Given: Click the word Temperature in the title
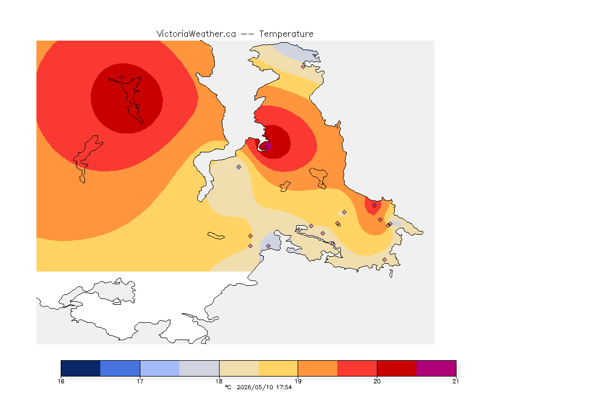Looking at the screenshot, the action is pyautogui.click(x=286, y=34).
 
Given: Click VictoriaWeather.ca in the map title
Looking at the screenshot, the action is pyautogui.click(x=196, y=34).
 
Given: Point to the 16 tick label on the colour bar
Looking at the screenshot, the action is pyautogui.click(x=61, y=381).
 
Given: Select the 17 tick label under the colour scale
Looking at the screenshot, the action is pyautogui.click(x=140, y=381).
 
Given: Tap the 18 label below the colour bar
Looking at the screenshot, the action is pyautogui.click(x=219, y=381).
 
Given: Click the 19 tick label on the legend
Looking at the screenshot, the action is pyautogui.click(x=298, y=381).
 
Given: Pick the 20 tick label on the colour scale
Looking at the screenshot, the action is pyautogui.click(x=377, y=381).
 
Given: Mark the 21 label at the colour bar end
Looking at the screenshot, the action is pyautogui.click(x=455, y=381).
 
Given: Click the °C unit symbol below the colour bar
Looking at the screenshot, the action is pyautogui.click(x=228, y=387).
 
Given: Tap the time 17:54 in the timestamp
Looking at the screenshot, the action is pyautogui.click(x=284, y=387).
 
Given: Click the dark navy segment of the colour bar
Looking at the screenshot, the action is pyautogui.click(x=81, y=368).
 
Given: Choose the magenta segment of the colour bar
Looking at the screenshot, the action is pyautogui.click(x=436, y=368).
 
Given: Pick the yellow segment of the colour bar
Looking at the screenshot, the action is pyautogui.click(x=278, y=368).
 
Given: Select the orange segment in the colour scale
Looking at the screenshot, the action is pyautogui.click(x=318, y=368).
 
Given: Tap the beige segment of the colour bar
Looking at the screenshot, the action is pyautogui.click(x=239, y=368).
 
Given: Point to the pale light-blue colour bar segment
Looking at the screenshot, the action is pyautogui.click(x=160, y=368).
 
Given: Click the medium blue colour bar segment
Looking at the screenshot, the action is pyautogui.click(x=120, y=368).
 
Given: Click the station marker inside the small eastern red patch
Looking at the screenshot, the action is pyautogui.click(x=374, y=206).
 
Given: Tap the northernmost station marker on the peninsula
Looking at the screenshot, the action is pyautogui.click(x=303, y=66).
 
